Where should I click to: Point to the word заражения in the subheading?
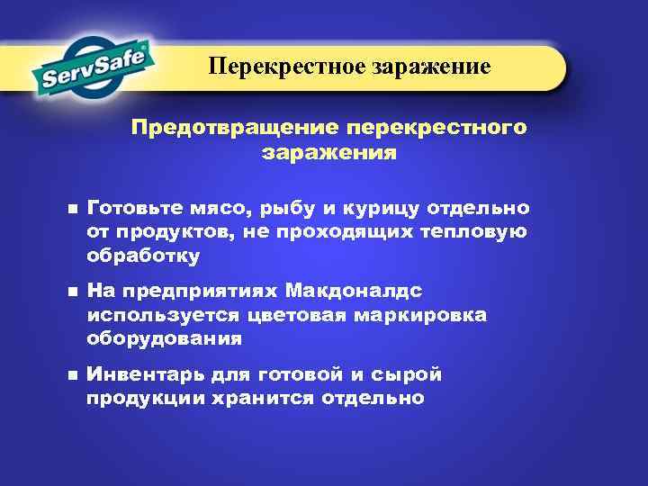click(328, 152)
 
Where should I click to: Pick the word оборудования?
click(164, 338)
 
